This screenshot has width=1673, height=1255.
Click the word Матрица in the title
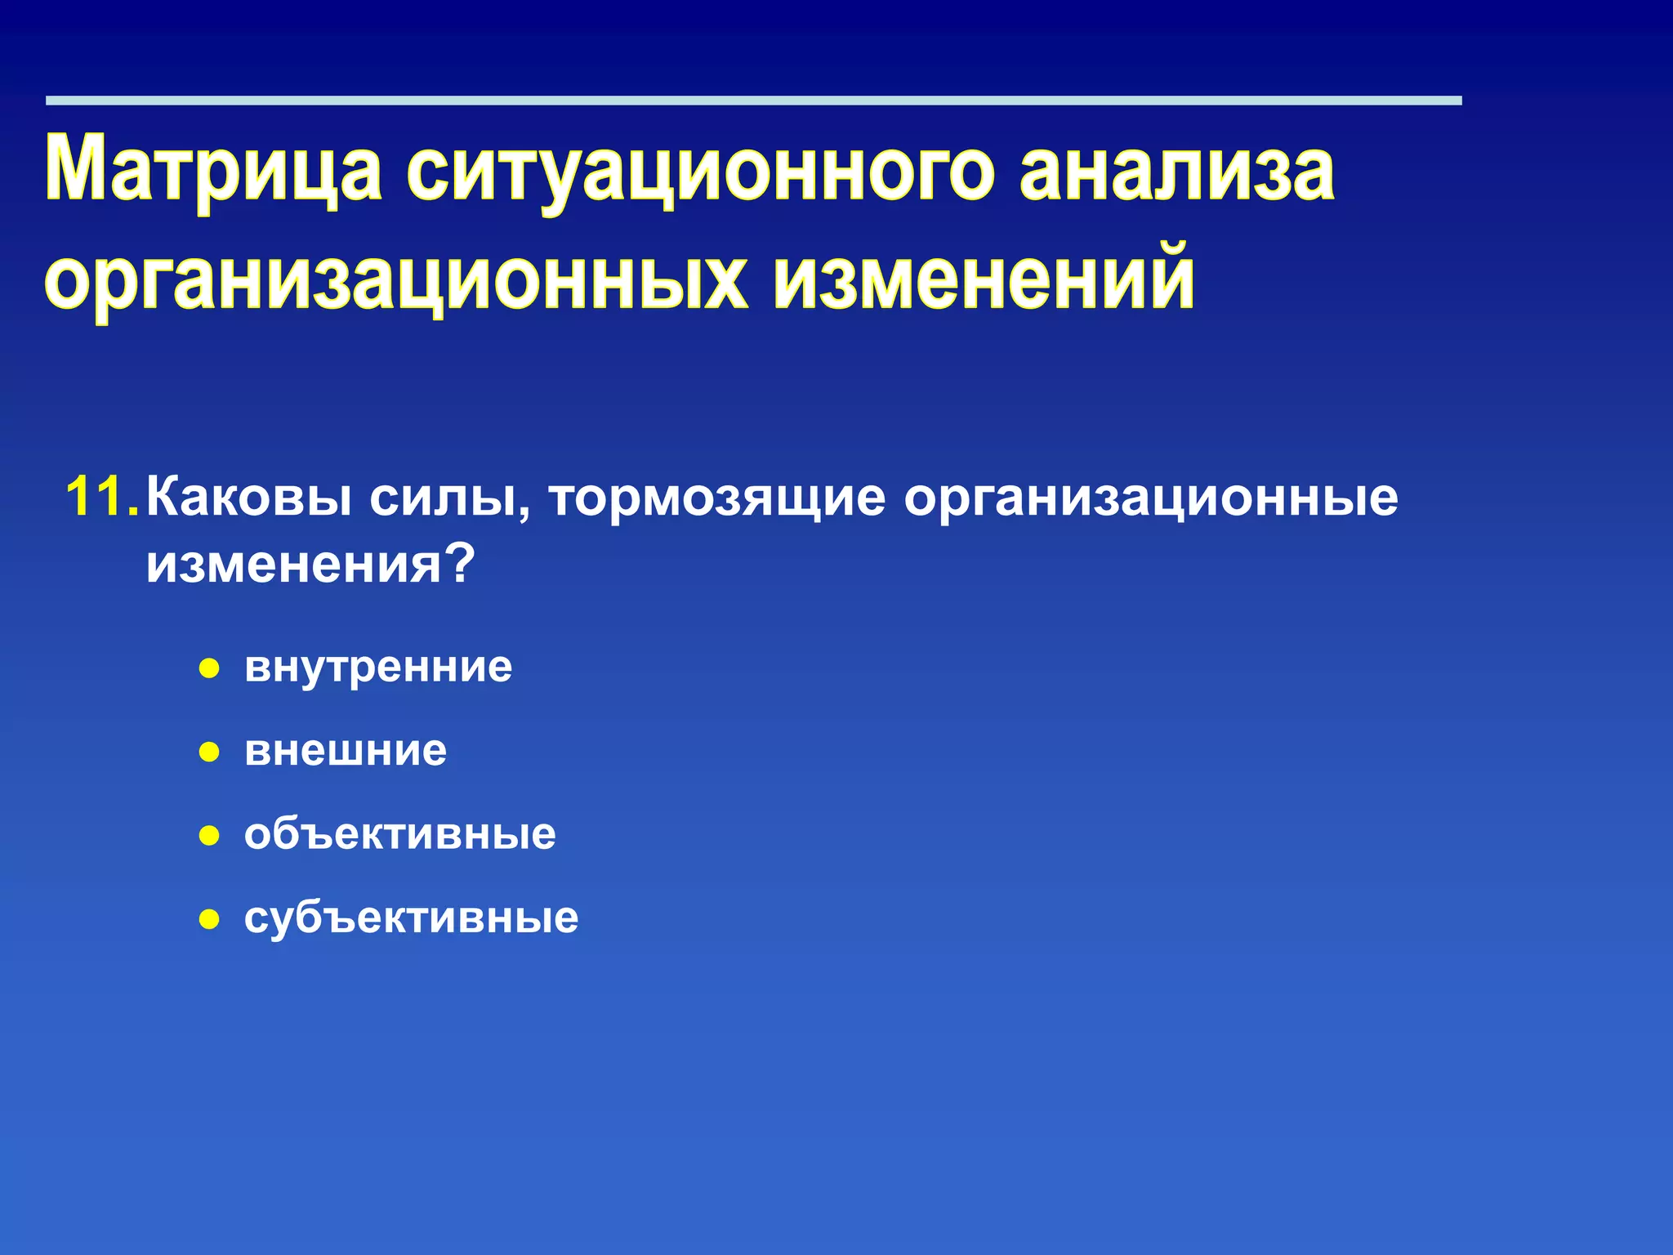(x=213, y=170)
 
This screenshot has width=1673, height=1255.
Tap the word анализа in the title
(x=1176, y=170)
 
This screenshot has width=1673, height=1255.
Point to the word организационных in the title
(x=396, y=280)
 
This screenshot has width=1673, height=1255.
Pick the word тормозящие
(x=717, y=498)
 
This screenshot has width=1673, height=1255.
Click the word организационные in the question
(x=1150, y=498)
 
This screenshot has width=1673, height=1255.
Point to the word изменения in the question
(x=292, y=564)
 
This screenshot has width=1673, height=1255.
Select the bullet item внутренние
(x=378, y=668)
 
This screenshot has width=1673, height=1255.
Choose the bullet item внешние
(x=346, y=751)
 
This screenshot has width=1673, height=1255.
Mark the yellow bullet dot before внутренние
(x=210, y=669)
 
